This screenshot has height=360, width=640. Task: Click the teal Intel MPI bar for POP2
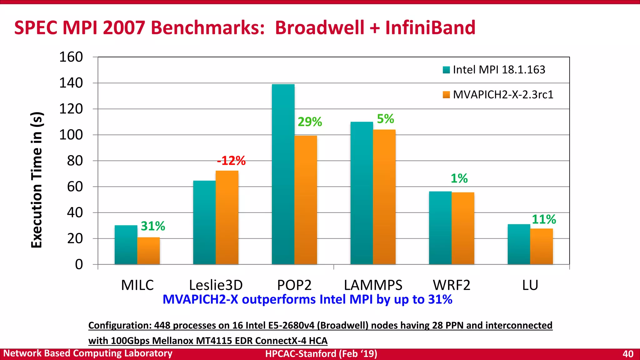point(283,175)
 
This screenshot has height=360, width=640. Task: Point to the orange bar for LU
point(541,247)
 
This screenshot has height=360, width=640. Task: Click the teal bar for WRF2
point(440,228)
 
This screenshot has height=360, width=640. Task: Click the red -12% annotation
point(231,161)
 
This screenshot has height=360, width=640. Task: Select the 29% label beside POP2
point(310,122)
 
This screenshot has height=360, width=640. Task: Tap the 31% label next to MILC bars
point(153,226)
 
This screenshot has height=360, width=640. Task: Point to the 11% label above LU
point(544,219)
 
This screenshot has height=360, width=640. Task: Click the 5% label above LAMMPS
point(385,119)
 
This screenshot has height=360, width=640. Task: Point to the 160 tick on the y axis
point(71,57)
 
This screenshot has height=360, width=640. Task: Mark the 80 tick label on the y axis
point(75,161)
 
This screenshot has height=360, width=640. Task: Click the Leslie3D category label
point(216,285)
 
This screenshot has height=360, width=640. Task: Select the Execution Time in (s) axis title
point(37,180)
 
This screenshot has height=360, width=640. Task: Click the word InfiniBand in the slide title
point(430,27)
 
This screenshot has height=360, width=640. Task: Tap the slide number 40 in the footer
point(627,354)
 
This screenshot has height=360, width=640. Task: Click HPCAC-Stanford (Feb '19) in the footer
point(321,354)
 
